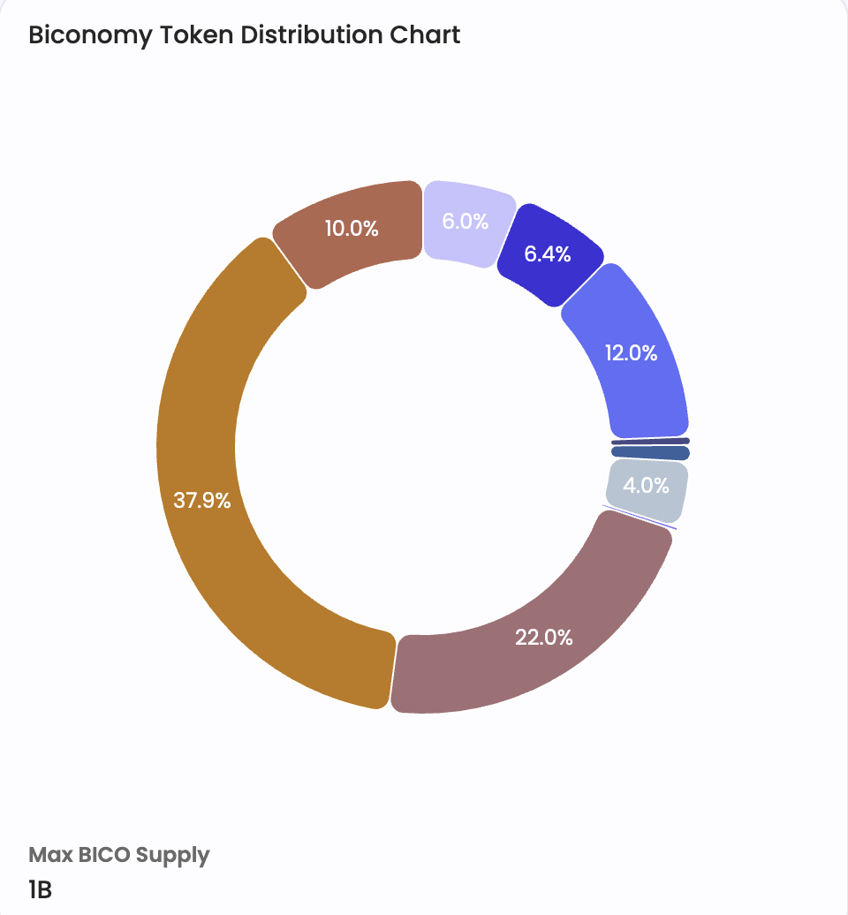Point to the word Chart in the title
(x=428, y=35)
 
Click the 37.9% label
(x=202, y=501)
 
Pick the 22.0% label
(x=544, y=637)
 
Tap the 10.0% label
(x=352, y=229)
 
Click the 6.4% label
(x=548, y=254)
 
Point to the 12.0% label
(x=631, y=353)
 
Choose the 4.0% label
(x=646, y=485)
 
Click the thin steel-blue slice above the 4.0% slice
(x=650, y=453)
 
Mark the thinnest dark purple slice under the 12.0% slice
(x=650, y=442)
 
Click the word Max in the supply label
(x=49, y=855)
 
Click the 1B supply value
(x=41, y=889)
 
